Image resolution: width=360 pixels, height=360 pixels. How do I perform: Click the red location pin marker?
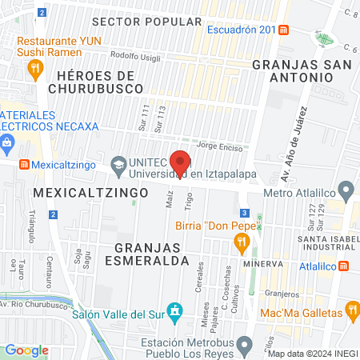pos(181,160)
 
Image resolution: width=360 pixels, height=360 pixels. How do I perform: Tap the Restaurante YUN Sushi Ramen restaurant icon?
pos(34,70)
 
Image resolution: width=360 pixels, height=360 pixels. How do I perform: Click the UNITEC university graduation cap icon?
pos(119,164)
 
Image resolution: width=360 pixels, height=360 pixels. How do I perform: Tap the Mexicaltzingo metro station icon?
pos(25,164)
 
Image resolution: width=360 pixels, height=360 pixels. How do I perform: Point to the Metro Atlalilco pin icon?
pos(346,191)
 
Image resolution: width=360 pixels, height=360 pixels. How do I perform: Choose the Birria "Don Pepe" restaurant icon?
pos(238,241)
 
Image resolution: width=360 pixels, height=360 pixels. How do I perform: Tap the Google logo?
pos(26,350)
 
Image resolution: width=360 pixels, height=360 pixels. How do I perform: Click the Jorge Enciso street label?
pos(218,146)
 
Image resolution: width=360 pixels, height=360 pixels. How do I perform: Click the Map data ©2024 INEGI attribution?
pos(312,354)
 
